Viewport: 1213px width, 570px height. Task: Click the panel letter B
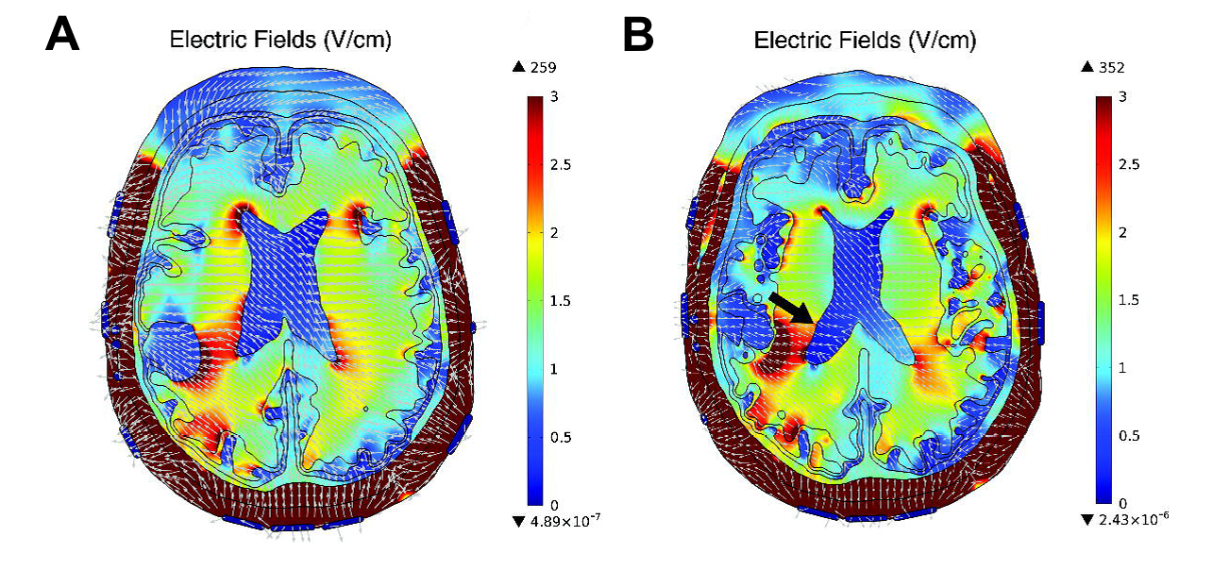[638, 37]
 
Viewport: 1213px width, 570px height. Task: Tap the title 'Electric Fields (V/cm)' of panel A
[279, 41]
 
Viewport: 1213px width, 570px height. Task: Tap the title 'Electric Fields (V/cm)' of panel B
[865, 41]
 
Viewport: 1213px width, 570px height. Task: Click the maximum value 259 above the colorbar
[541, 67]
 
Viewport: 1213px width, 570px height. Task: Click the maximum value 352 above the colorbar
[1116, 67]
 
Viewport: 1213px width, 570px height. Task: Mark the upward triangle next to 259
[517, 67]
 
